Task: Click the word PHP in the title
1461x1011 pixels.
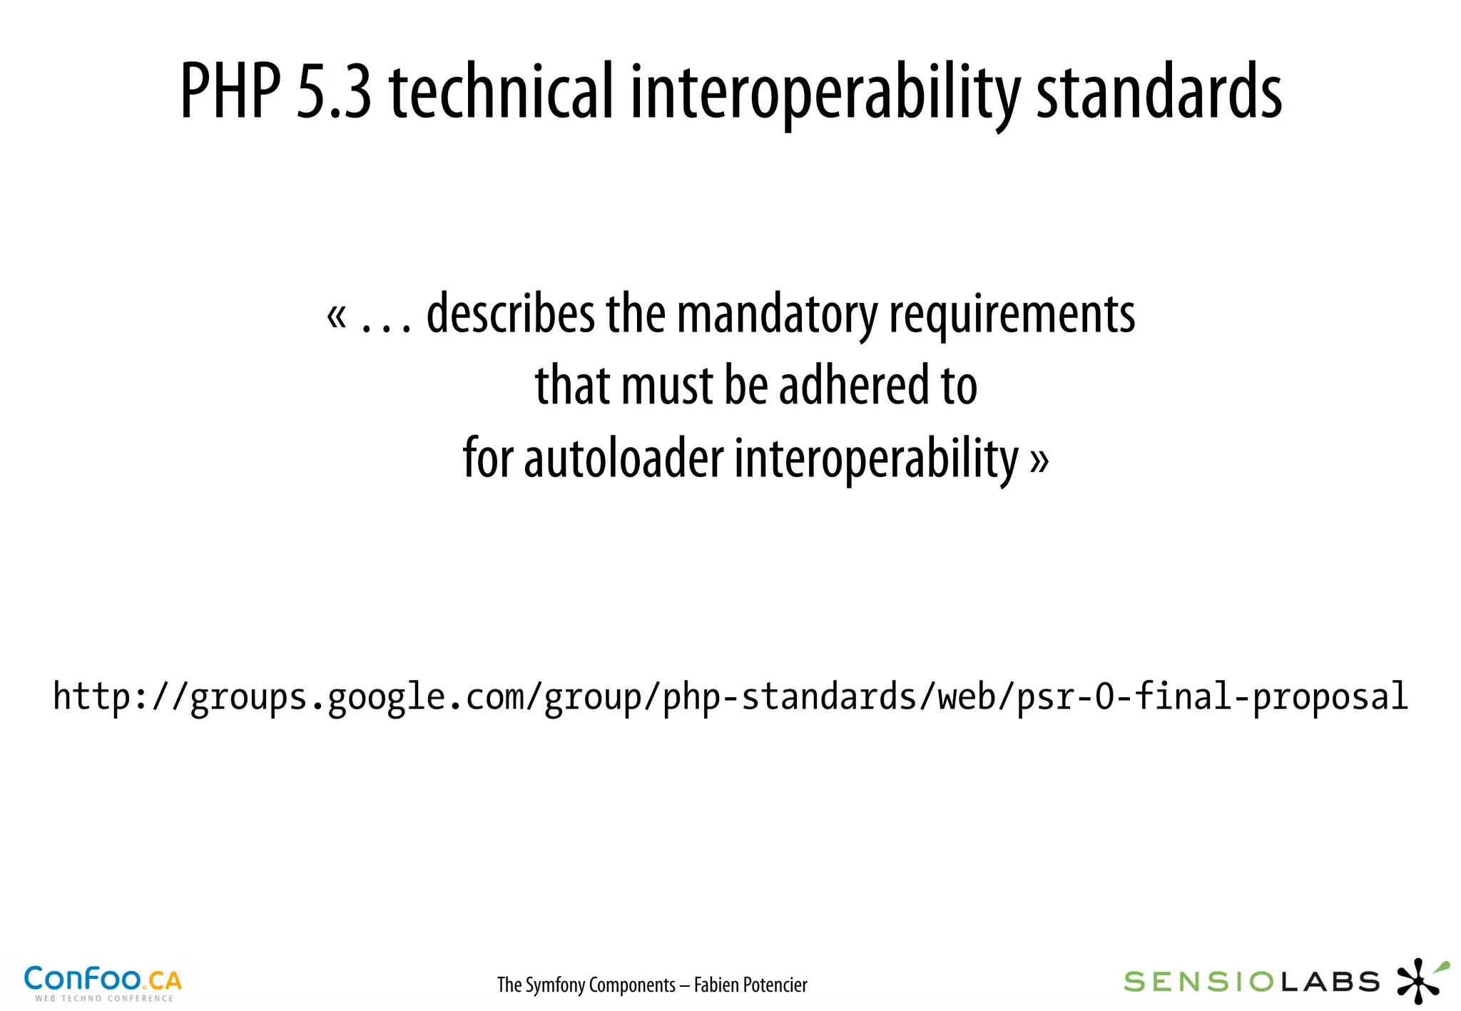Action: (x=230, y=91)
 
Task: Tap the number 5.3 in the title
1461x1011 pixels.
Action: (x=334, y=91)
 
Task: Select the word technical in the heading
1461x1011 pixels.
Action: (x=502, y=91)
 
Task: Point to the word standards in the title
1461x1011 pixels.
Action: (x=1159, y=91)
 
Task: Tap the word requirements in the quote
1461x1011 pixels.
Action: (x=1012, y=315)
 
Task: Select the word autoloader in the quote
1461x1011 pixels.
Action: (x=623, y=458)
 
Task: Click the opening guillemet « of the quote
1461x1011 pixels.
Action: (x=337, y=316)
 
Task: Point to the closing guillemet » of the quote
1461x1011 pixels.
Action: (x=1039, y=461)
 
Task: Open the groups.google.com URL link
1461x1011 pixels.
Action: (x=730, y=697)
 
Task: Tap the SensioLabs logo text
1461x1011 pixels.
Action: (x=1251, y=982)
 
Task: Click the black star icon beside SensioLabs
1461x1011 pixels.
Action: (x=1419, y=982)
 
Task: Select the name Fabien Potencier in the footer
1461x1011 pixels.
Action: (x=750, y=985)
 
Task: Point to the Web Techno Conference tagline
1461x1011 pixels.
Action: (x=104, y=998)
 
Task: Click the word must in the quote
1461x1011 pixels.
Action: (x=668, y=385)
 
